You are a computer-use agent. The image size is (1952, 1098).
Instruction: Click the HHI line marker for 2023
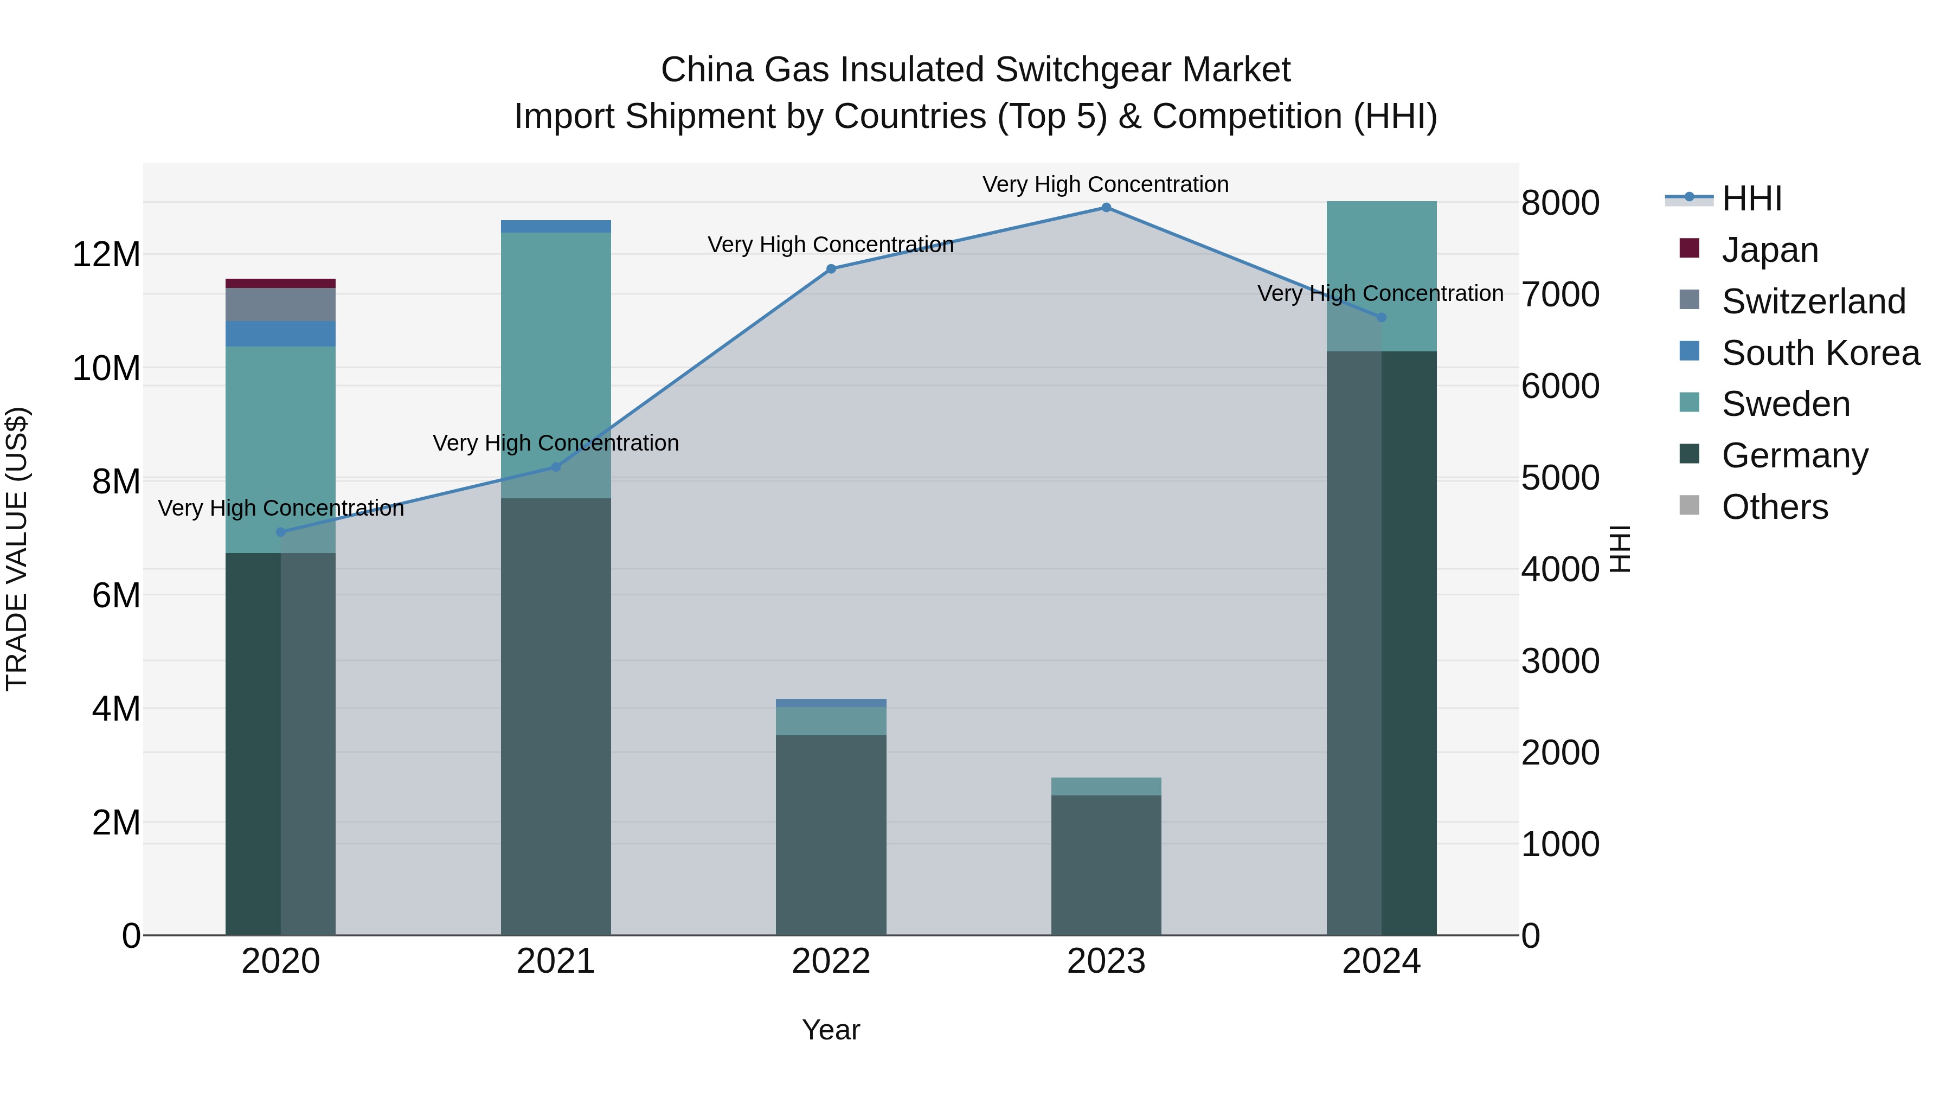[x=1106, y=208]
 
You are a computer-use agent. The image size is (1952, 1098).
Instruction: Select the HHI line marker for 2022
[x=831, y=269]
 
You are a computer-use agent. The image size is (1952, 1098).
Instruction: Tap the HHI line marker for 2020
[x=280, y=532]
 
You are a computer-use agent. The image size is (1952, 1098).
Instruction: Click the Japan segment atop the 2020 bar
[x=280, y=284]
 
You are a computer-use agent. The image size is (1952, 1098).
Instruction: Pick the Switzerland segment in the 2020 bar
[x=280, y=305]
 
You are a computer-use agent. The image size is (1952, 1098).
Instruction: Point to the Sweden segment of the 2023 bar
[x=1106, y=787]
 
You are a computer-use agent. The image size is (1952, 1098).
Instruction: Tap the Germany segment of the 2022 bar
[x=831, y=833]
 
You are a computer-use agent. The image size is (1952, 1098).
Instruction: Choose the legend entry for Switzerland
[x=1813, y=301]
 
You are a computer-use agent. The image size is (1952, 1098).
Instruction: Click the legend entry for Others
[x=1775, y=507]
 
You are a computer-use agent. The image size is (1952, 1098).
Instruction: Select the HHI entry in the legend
[x=1751, y=198]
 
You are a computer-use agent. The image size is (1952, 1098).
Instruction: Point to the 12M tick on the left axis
[x=106, y=255]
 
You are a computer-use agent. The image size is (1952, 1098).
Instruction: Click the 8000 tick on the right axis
[x=1559, y=203]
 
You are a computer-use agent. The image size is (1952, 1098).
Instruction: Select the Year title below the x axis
[x=831, y=1030]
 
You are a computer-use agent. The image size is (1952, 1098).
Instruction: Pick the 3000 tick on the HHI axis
[x=1559, y=661]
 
